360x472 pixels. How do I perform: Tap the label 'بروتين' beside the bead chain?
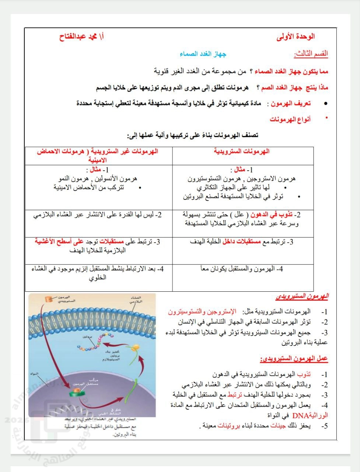click(x=87, y=337)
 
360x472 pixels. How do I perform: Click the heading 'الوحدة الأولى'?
click(x=296, y=37)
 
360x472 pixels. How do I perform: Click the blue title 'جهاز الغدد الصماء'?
click(x=203, y=54)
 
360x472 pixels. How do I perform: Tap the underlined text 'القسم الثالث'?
click(x=311, y=54)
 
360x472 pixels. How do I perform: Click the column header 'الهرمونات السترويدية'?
click(x=242, y=151)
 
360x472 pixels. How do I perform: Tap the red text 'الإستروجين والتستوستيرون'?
click(x=202, y=312)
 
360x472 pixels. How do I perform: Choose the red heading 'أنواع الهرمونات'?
click(x=290, y=119)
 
